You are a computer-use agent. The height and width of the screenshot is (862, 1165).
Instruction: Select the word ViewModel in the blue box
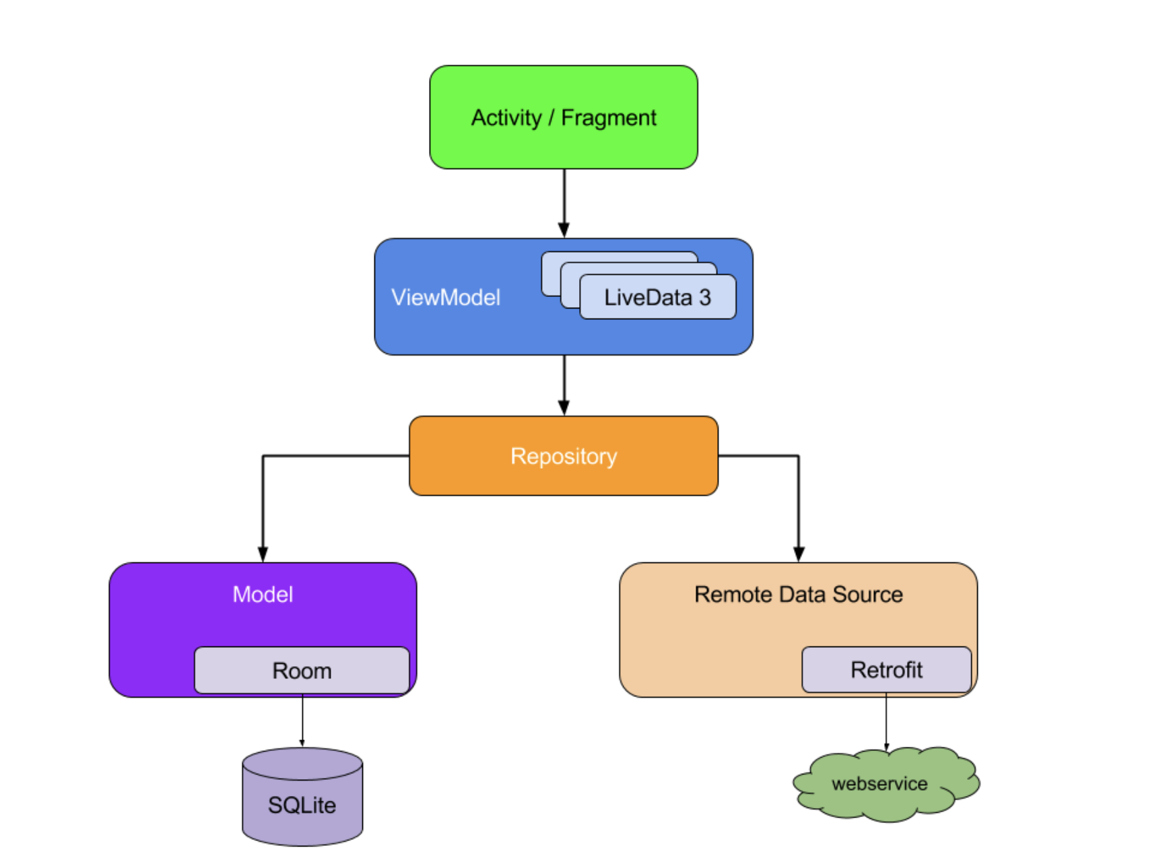(446, 297)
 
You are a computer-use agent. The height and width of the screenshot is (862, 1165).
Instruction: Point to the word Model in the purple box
(263, 594)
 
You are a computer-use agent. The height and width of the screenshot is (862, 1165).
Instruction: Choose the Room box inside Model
(302, 670)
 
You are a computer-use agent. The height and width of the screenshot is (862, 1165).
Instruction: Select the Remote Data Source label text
(798, 594)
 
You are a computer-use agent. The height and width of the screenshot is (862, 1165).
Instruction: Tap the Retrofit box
(886, 669)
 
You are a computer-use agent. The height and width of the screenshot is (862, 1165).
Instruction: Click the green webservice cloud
(879, 783)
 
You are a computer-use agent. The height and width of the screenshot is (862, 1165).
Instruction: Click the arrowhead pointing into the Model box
(263, 554)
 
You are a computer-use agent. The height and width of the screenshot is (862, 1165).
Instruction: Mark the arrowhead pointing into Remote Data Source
(799, 554)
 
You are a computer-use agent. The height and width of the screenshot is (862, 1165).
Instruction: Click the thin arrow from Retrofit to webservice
(886, 721)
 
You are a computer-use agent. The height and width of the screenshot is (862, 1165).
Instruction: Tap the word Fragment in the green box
(608, 118)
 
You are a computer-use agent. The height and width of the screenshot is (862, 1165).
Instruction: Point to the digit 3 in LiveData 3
(704, 297)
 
